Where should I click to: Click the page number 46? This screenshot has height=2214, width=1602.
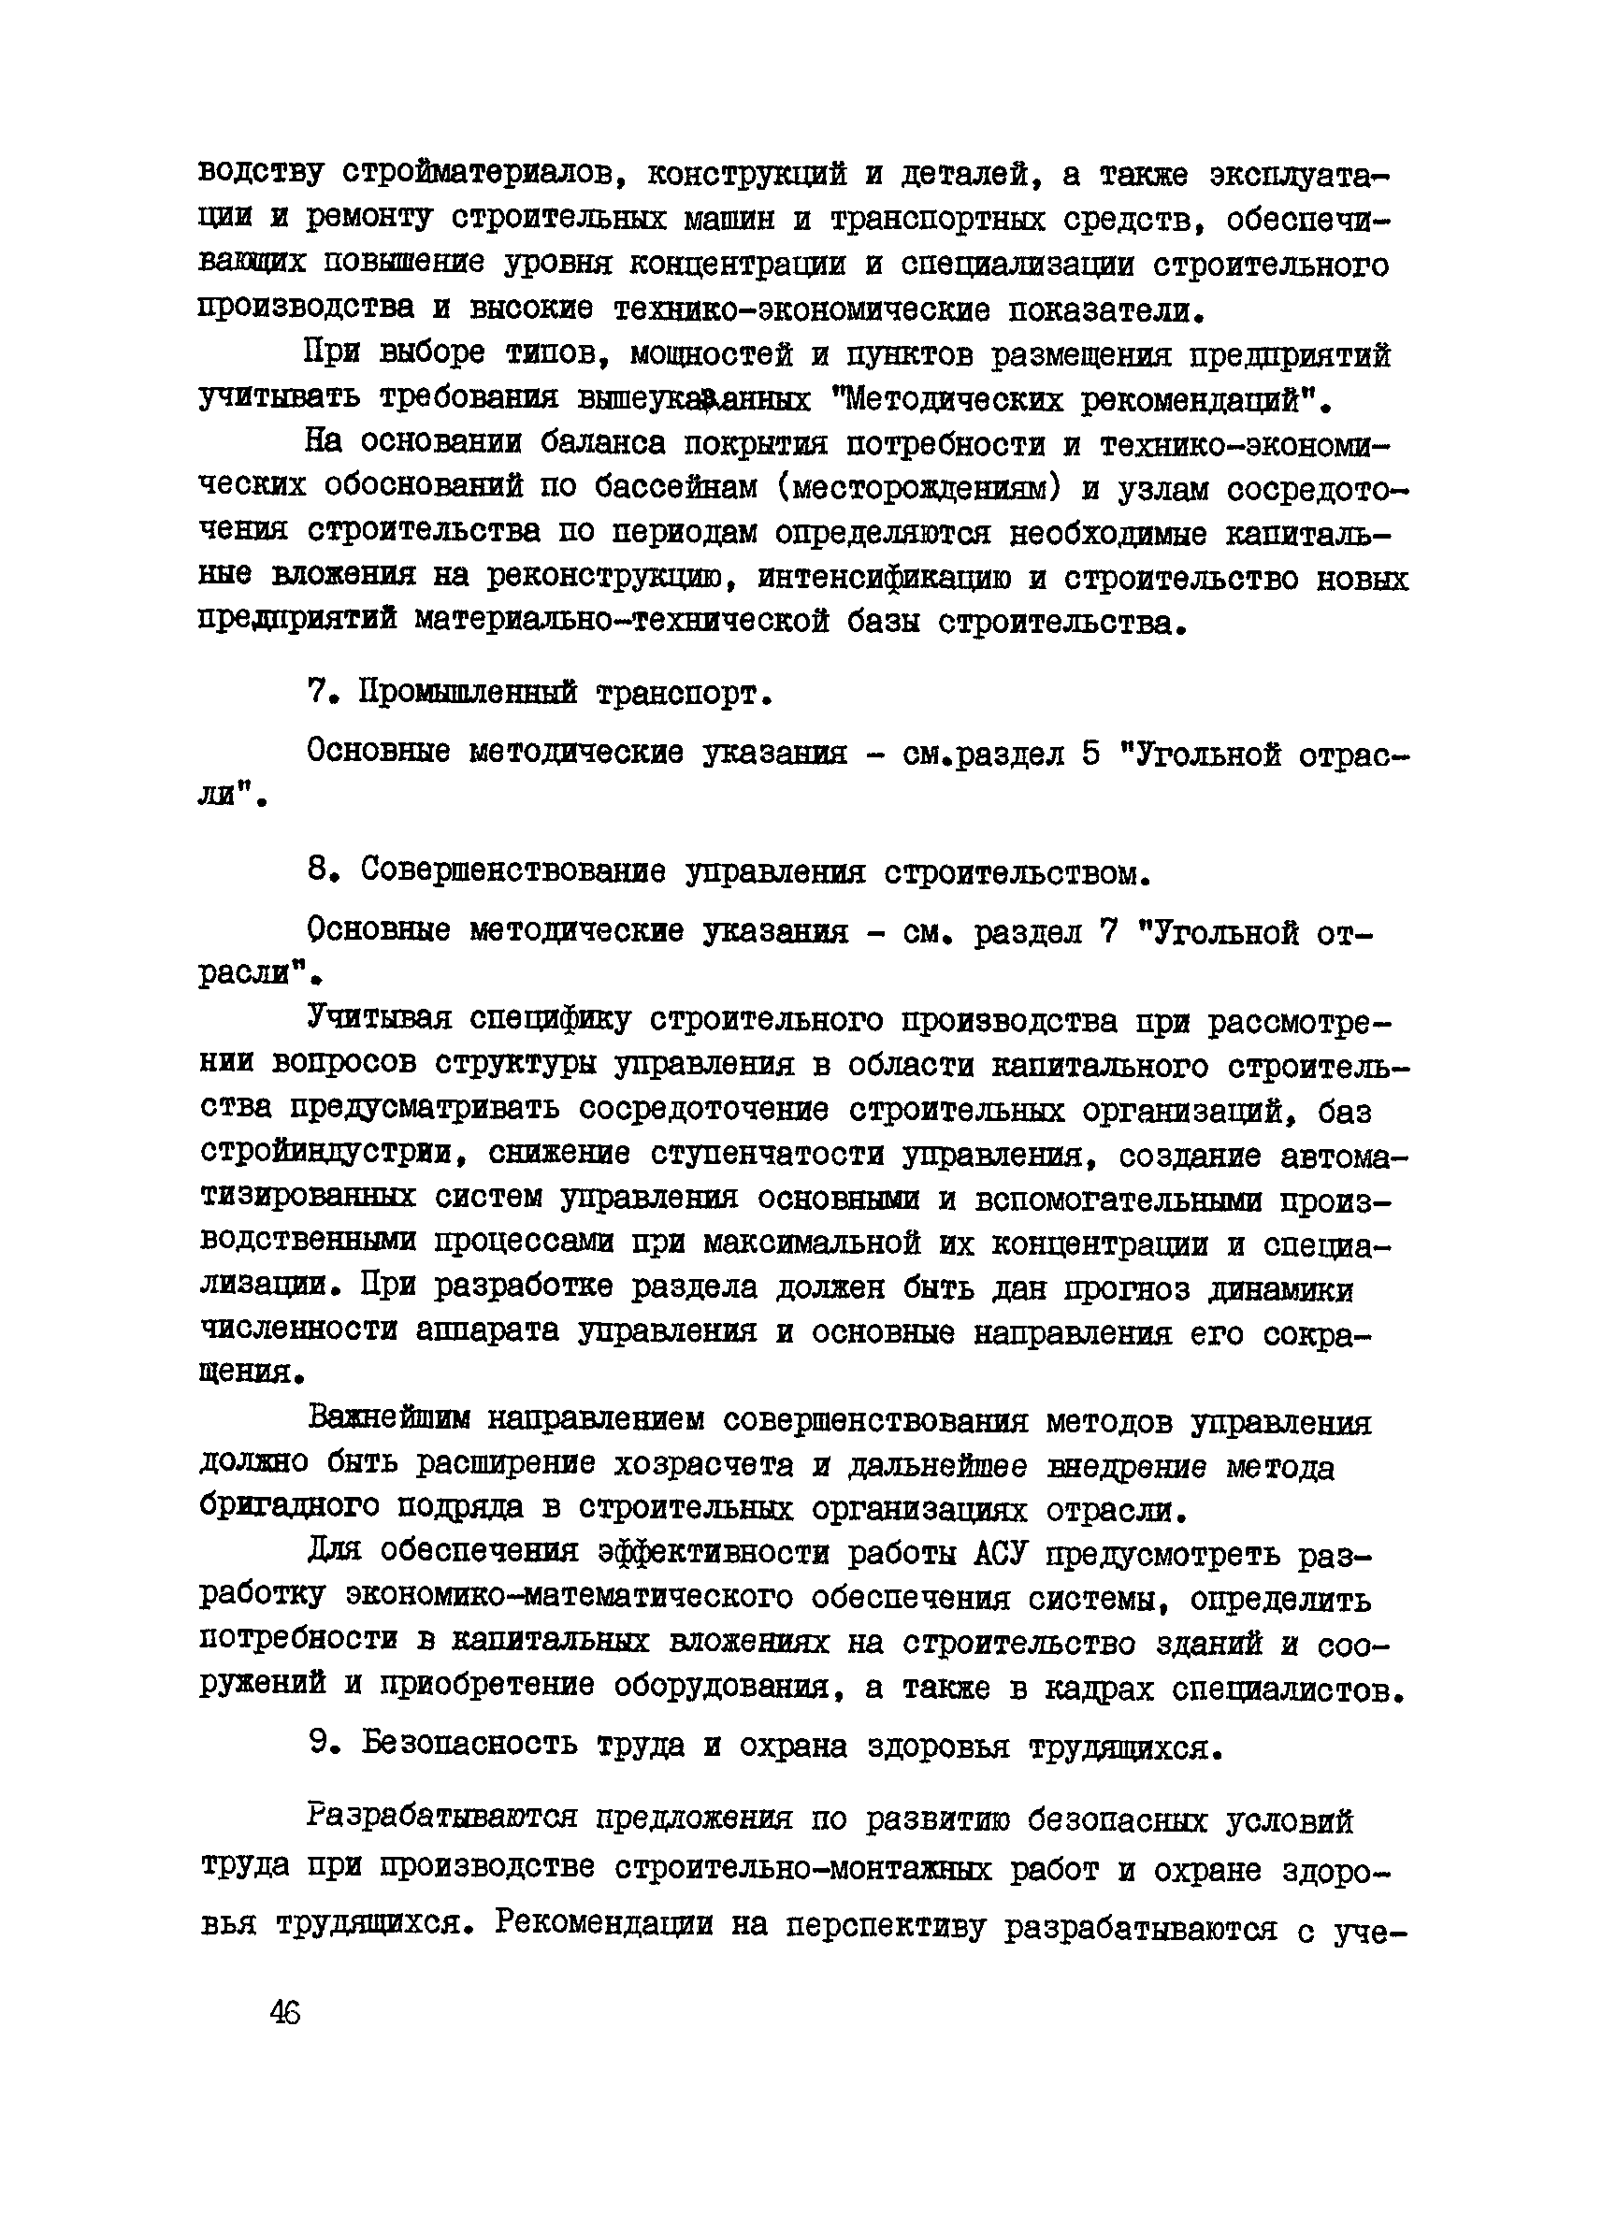click(286, 2013)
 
